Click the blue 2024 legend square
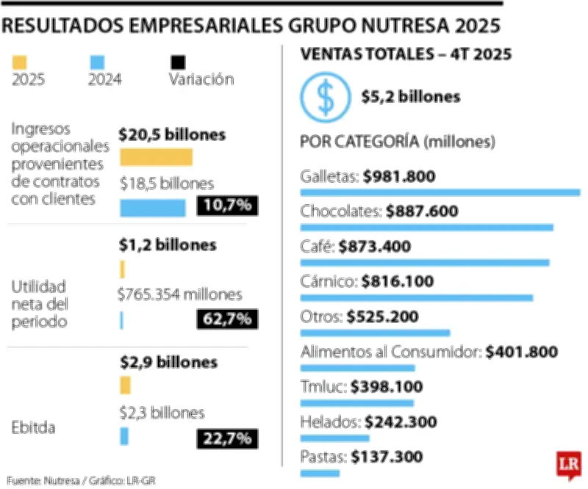pyautogui.click(x=97, y=62)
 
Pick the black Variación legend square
pyautogui.click(x=178, y=62)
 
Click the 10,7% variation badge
pyautogui.click(x=227, y=206)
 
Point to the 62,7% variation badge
pyautogui.click(x=227, y=319)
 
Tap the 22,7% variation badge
pyautogui.click(x=227, y=438)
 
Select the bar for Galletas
pyautogui.click(x=440, y=192)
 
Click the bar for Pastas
pyautogui.click(x=320, y=473)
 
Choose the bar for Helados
pyautogui.click(x=334, y=438)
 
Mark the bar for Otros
pyautogui.click(x=375, y=333)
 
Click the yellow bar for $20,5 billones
pyautogui.click(x=156, y=157)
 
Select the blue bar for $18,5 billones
pyautogui.click(x=152, y=209)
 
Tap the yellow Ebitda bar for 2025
pyautogui.click(x=125, y=385)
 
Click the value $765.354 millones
pyautogui.click(x=179, y=295)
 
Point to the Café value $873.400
pyautogui.click(x=374, y=247)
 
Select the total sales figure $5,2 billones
pyautogui.click(x=411, y=97)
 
